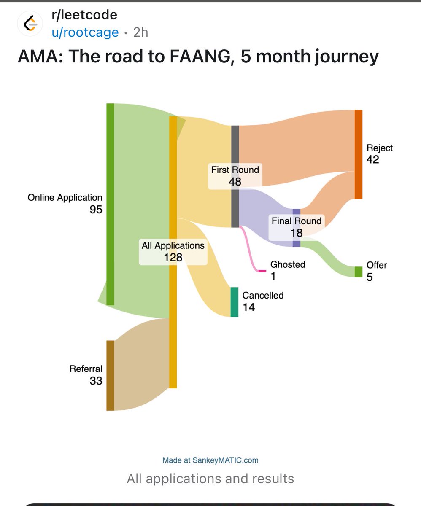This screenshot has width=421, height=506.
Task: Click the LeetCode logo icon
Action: [x=30, y=24]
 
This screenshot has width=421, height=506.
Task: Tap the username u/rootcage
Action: [x=85, y=32]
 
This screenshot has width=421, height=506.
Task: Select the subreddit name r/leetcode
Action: [x=84, y=15]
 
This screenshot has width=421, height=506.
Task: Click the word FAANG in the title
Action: [x=202, y=57]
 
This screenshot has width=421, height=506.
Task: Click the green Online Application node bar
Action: [x=111, y=204]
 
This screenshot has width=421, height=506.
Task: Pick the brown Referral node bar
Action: [x=111, y=375]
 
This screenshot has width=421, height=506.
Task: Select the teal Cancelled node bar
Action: [x=234, y=302]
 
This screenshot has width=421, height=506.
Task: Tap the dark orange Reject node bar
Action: [x=359, y=154]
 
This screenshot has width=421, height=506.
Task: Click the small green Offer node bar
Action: [x=359, y=272]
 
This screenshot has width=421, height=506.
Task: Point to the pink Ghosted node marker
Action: [x=262, y=271]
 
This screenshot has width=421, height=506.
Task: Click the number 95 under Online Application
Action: [x=96, y=210]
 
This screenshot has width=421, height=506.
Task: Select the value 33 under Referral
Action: [x=96, y=381]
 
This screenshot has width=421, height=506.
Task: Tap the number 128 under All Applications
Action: [x=173, y=257]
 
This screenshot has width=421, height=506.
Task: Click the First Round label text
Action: [x=235, y=170]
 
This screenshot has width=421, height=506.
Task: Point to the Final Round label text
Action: [x=297, y=221]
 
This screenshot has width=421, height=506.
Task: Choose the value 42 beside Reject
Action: [x=373, y=159]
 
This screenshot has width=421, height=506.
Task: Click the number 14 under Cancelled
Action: [x=249, y=307]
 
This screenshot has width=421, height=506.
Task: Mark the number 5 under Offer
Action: [x=370, y=277]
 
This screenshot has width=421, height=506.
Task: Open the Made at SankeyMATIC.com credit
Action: [x=210, y=460]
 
